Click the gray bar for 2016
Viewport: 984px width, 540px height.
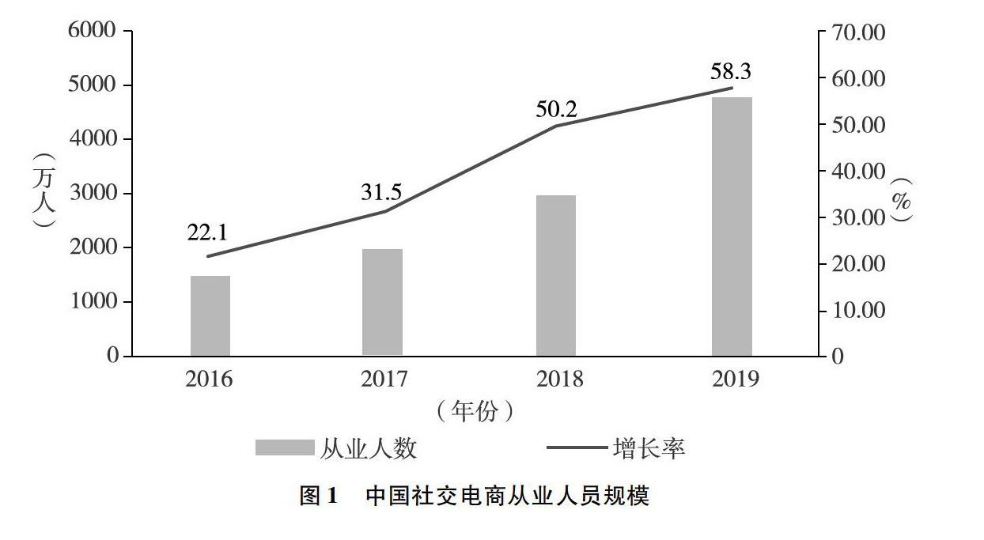pyautogui.click(x=210, y=315)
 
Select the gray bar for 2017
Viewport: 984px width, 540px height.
pyautogui.click(x=383, y=302)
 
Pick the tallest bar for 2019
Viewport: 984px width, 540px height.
pyautogui.click(x=732, y=226)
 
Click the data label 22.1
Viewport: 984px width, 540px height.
pyautogui.click(x=207, y=232)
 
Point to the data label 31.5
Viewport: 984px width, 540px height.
pyautogui.click(x=382, y=191)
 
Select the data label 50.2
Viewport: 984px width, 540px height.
pyautogui.click(x=557, y=109)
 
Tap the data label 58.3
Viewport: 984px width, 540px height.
pyautogui.click(x=731, y=71)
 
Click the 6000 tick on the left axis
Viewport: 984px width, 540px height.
pyautogui.click(x=93, y=31)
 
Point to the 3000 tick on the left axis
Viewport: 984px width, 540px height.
pyautogui.click(x=93, y=193)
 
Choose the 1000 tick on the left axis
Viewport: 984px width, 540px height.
pyautogui.click(x=93, y=302)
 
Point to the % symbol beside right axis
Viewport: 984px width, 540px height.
pyautogui.click(x=901, y=202)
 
